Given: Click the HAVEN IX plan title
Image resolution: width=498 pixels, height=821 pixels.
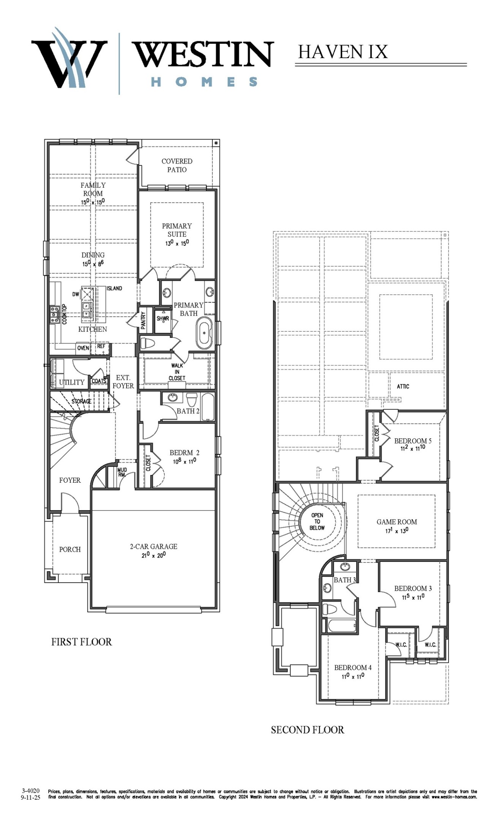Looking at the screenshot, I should (343, 52).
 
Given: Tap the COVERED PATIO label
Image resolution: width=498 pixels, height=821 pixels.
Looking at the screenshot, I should (177, 165).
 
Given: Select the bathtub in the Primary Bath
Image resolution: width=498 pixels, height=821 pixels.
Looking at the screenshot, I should (204, 333).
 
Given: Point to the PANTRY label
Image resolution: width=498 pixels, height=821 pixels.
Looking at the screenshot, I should (143, 320).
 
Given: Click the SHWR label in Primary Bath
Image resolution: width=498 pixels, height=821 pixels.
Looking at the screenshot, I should (163, 319).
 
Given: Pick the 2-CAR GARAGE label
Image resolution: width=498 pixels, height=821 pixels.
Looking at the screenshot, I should (153, 547).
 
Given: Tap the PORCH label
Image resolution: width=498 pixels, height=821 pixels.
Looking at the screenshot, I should (70, 549).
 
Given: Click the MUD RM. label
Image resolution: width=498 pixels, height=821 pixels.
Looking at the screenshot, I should (122, 472).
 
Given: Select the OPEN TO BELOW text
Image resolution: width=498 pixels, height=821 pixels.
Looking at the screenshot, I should (317, 521).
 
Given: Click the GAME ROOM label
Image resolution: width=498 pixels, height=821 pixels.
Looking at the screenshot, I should (397, 522).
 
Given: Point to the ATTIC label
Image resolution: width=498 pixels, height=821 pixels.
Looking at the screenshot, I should (403, 387).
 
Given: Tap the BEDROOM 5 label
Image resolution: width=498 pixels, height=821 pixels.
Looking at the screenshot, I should (413, 441).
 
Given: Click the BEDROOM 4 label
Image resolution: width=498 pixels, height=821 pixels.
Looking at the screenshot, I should (353, 667).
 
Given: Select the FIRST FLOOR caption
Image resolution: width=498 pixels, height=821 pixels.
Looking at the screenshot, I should (82, 642).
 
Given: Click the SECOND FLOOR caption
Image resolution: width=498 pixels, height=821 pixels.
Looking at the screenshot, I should (307, 730).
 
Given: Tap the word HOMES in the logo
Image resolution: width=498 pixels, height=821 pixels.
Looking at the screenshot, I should (204, 82).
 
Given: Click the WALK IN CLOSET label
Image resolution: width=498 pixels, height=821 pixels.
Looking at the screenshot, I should (177, 372).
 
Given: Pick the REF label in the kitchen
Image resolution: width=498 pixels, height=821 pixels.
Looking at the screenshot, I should (101, 346).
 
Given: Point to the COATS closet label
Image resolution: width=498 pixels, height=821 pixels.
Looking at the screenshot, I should (99, 381).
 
